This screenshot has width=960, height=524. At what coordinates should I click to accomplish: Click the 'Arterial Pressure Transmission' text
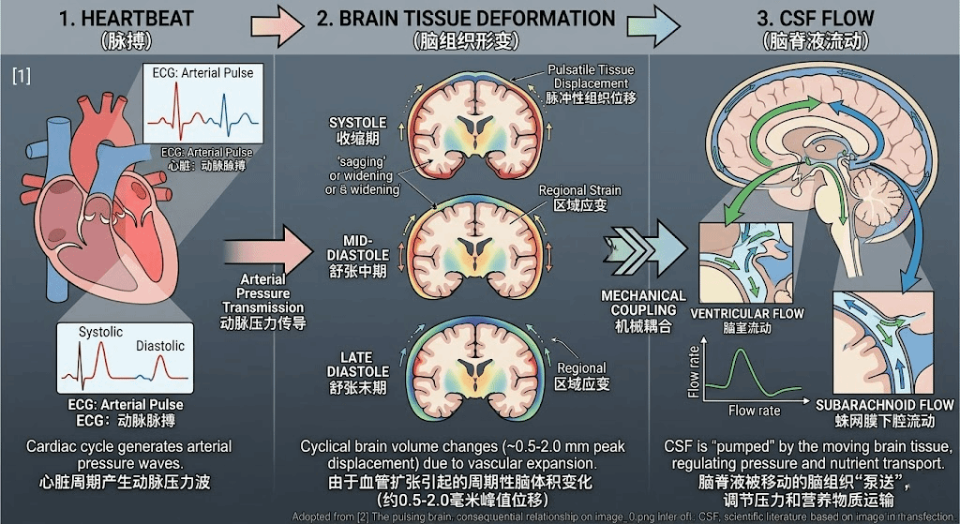262,293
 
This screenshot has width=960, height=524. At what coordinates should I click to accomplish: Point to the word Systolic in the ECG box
100,333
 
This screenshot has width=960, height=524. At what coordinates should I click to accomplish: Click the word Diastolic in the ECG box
160,346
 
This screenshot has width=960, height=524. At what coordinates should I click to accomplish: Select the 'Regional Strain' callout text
579,191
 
